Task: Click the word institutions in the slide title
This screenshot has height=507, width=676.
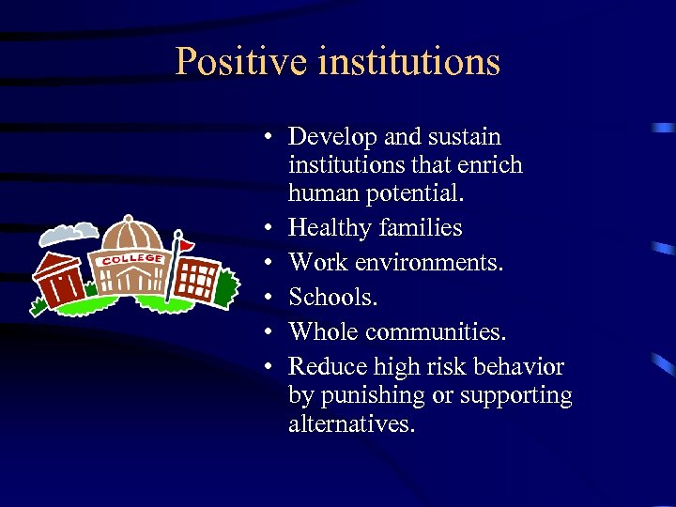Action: [x=408, y=62]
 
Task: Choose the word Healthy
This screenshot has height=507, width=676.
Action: [x=329, y=227]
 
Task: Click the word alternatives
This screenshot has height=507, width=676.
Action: [x=351, y=423]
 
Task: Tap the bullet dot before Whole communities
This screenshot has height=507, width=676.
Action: [x=268, y=332]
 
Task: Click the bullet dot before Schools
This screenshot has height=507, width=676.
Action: [x=268, y=298]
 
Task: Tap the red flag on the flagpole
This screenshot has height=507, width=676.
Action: [x=187, y=245]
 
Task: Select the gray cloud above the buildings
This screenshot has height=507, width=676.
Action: [x=73, y=232]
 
